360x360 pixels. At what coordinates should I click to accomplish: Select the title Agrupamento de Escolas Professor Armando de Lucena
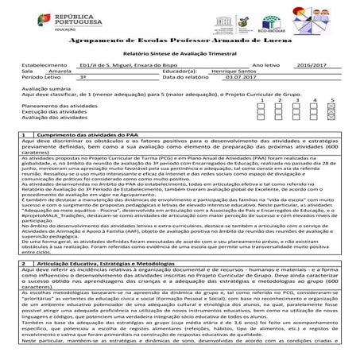(x=180, y=38)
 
